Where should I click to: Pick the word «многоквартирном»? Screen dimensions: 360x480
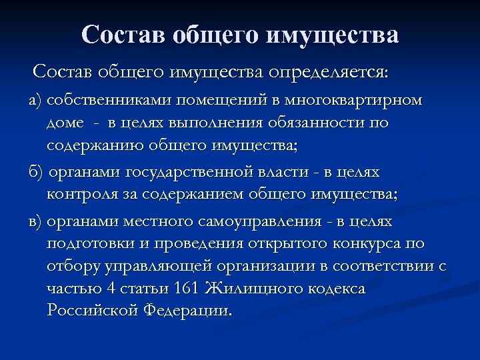[353, 101]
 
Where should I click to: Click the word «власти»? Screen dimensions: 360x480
[277, 173]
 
